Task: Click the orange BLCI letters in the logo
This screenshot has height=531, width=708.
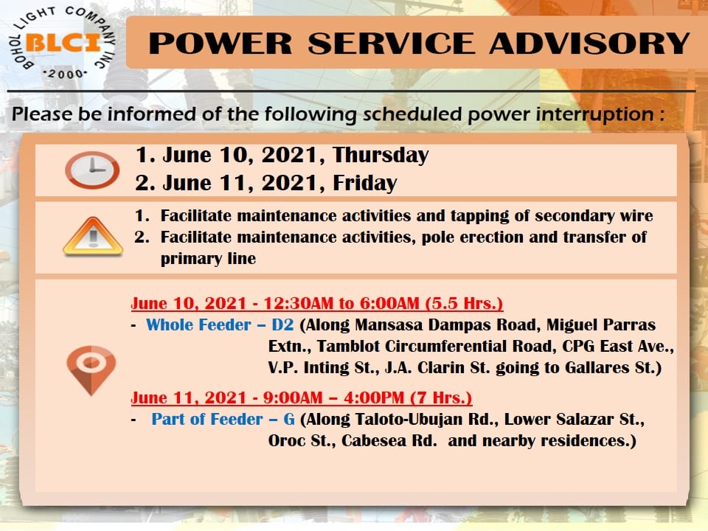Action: (63, 44)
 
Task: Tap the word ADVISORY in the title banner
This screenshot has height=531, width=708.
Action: (589, 44)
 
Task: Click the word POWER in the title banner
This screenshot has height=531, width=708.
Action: (221, 44)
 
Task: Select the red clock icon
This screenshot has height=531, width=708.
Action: (92, 170)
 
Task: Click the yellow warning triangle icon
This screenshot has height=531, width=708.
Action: (93, 237)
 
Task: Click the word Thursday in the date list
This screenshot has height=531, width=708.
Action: (381, 156)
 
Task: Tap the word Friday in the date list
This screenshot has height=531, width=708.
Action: (365, 183)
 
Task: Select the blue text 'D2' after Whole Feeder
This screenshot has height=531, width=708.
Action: (282, 324)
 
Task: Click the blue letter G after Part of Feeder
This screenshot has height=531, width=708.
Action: (289, 419)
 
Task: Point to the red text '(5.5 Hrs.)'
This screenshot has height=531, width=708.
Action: (464, 303)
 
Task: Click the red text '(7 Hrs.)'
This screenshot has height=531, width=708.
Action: (441, 398)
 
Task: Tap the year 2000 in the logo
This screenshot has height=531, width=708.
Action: (66, 74)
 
